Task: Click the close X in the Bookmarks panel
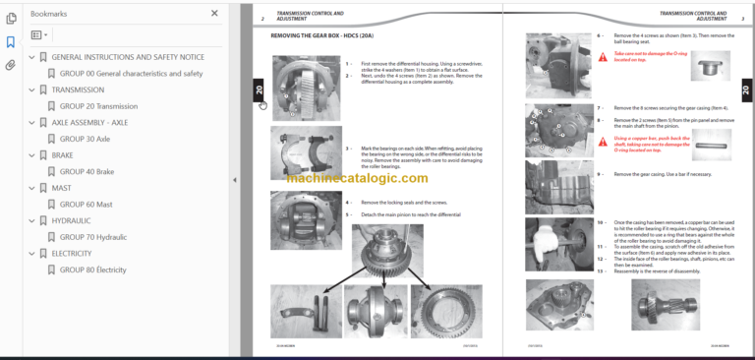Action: click(215, 14)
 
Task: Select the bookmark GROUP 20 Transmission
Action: click(98, 106)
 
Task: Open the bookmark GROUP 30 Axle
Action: click(85, 139)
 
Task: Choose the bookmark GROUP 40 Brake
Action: click(87, 171)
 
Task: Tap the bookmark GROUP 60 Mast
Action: click(86, 204)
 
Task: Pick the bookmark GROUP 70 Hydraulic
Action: click(93, 236)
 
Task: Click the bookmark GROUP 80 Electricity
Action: click(92, 269)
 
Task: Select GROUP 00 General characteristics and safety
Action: click(131, 74)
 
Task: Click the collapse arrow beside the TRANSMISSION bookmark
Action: click(31, 90)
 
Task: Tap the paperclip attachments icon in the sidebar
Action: click(11, 65)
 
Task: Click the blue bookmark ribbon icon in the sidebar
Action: click(11, 42)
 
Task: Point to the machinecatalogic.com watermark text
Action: click(358, 178)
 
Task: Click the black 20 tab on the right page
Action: click(745, 90)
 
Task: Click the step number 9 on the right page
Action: click(600, 173)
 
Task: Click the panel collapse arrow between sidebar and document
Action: click(234, 180)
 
